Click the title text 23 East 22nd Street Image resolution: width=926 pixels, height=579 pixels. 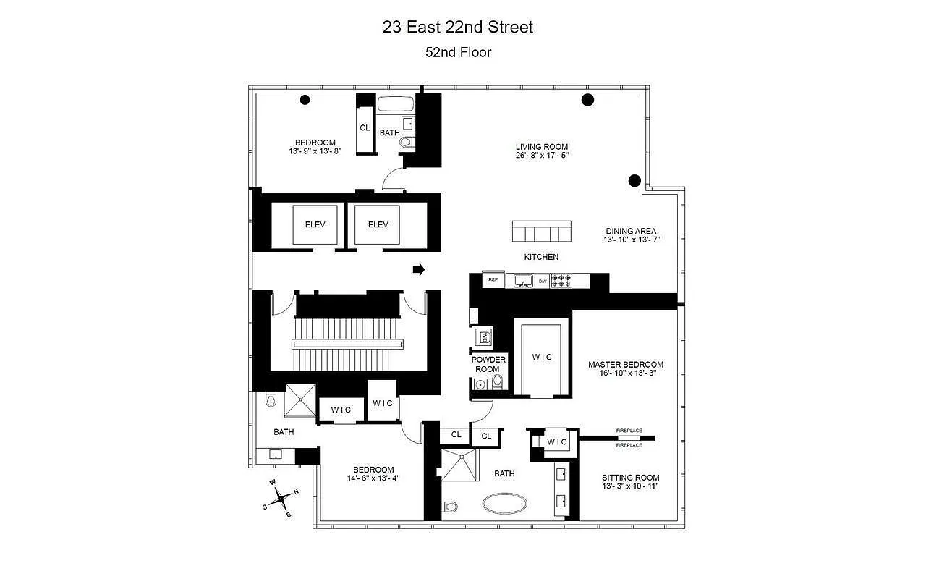pyautogui.click(x=457, y=28)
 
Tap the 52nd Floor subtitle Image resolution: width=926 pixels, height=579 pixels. pyautogui.click(x=457, y=52)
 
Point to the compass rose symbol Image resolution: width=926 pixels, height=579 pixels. pyautogui.click(x=281, y=498)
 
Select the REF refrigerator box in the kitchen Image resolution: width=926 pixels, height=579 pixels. pyautogui.click(x=493, y=279)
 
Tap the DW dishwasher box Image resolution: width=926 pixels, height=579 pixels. pyautogui.click(x=542, y=280)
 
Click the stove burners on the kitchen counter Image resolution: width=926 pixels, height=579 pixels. pyautogui.click(x=562, y=280)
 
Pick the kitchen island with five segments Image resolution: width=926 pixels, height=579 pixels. pyautogui.click(x=542, y=232)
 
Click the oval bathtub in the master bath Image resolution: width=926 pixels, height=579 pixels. pyautogui.click(x=504, y=503)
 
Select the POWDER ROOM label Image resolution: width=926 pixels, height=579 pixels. pyautogui.click(x=489, y=364)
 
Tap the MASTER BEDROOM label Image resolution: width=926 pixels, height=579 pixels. pyautogui.click(x=625, y=364)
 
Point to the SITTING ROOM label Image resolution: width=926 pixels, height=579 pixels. pyautogui.click(x=630, y=478)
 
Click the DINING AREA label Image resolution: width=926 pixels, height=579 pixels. pyautogui.click(x=631, y=231)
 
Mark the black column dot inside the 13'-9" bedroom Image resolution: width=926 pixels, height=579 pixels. pyautogui.click(x=305, y=101)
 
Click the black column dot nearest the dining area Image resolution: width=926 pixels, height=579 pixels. pyautogui.click(x=634, y=180)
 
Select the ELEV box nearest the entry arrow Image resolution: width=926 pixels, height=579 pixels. pyautogui.click(x=378, y=224)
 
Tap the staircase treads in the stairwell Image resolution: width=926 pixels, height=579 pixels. pyautogui.click(x=347, y=342)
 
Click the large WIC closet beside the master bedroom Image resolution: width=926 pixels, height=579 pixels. pyautogui.click(x=542, y=357)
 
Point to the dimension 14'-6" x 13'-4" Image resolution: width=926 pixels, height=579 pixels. pyautogui.click(x=373, y=478)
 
